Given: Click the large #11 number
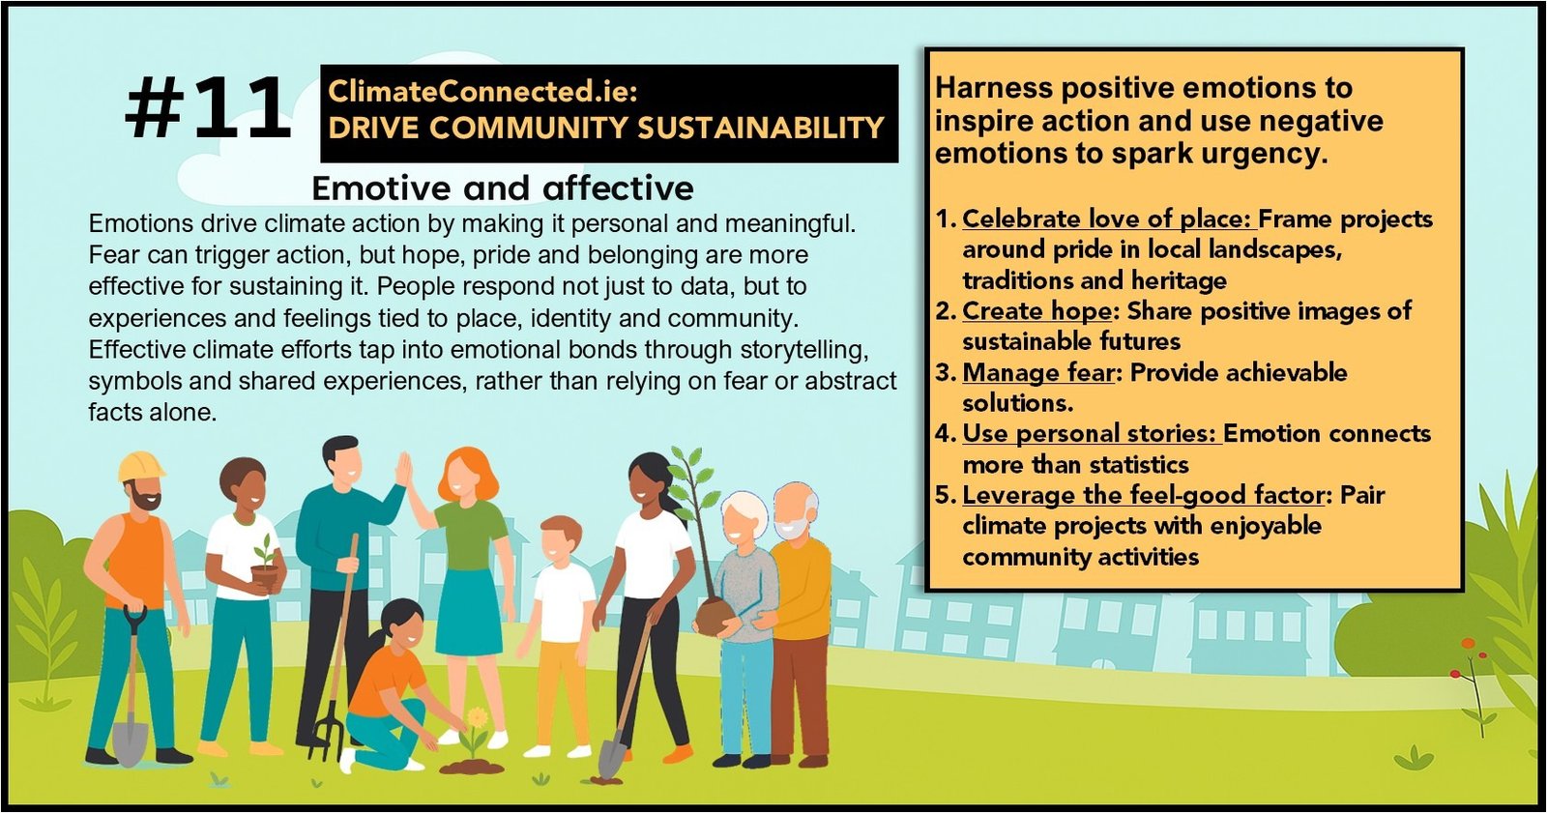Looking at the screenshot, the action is tap(207, 107).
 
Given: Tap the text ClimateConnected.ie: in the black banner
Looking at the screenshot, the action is tap(482, 91).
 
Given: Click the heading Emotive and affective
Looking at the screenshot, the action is tap(503, 188).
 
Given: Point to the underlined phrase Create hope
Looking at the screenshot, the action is tap(1036, 311).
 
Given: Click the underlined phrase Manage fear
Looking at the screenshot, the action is tap(1038, 372).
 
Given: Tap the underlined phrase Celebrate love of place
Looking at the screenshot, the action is tap(1107, 219).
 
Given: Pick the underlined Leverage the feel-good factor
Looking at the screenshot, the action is tap(1143, 495).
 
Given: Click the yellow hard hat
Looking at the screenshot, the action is tap(141, 466).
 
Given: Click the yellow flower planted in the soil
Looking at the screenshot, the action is tap(477, 718).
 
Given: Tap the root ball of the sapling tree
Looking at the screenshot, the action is tap(715, 617).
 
